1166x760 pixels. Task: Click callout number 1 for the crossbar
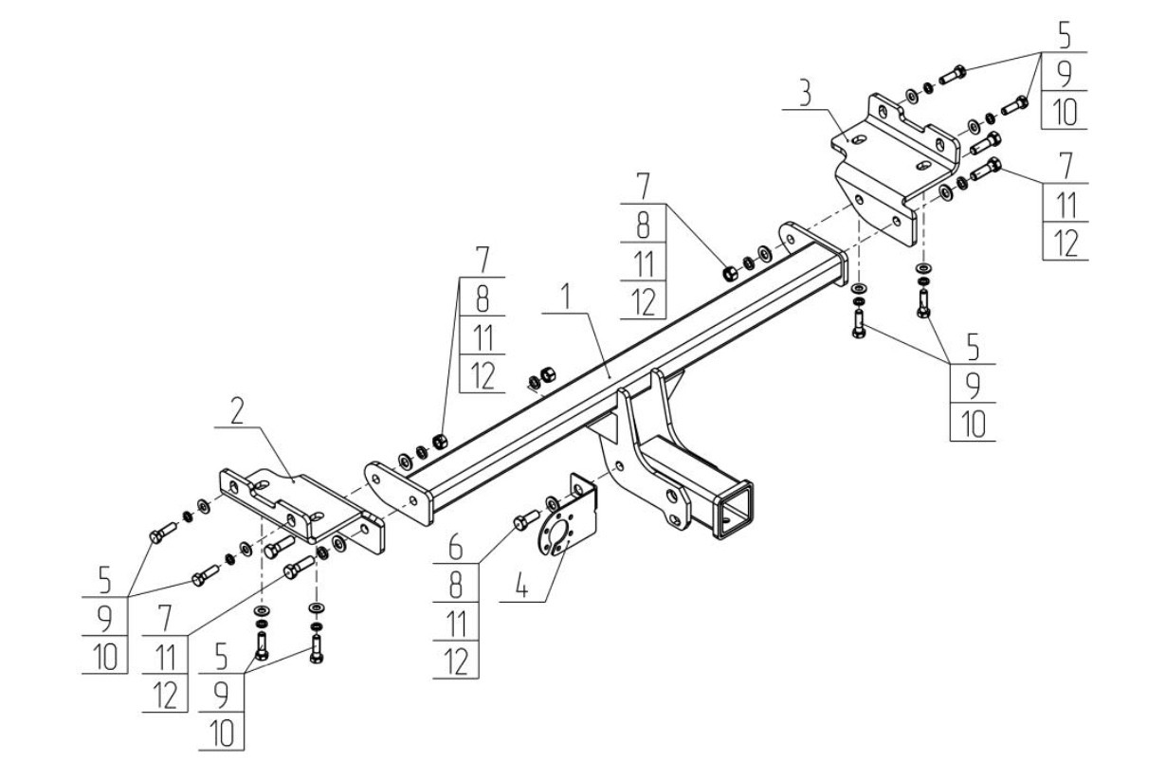[x=565, y=297]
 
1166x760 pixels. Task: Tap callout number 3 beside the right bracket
[x=805, y=94]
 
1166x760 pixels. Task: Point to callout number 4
[x=521, y=588]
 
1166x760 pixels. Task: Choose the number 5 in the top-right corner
[x=1064, y=36]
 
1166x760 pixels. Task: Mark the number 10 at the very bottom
[x=222, y=733]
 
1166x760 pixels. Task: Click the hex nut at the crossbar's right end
[x=730, y=272]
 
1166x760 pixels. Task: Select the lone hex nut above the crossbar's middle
[x=548, y=373]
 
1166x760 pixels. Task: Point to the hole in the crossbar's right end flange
[x=791, y=239]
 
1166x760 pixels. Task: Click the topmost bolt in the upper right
[x=953, y=74]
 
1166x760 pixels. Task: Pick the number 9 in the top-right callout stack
[x=1065, y=75]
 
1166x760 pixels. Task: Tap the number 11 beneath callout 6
[x=456, y=624]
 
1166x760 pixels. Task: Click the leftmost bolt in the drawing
[x=163, y=534]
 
